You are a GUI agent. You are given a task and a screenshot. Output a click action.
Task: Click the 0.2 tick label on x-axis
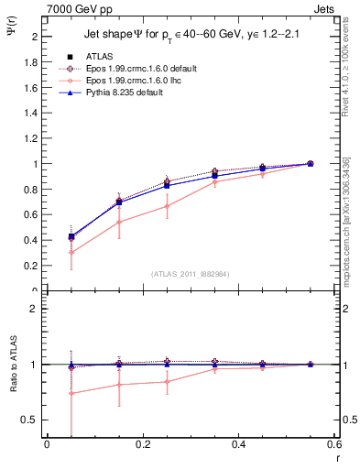tap(143, 444)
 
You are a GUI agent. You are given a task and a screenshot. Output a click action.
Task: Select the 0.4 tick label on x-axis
tap(239, 444)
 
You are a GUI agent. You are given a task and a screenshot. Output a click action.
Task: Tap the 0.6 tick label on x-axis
tap(333, 444)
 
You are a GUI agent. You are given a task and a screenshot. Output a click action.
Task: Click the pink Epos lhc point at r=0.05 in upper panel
tap(71, 252)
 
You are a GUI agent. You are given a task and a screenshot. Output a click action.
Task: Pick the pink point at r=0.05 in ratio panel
tap(71, 394)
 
